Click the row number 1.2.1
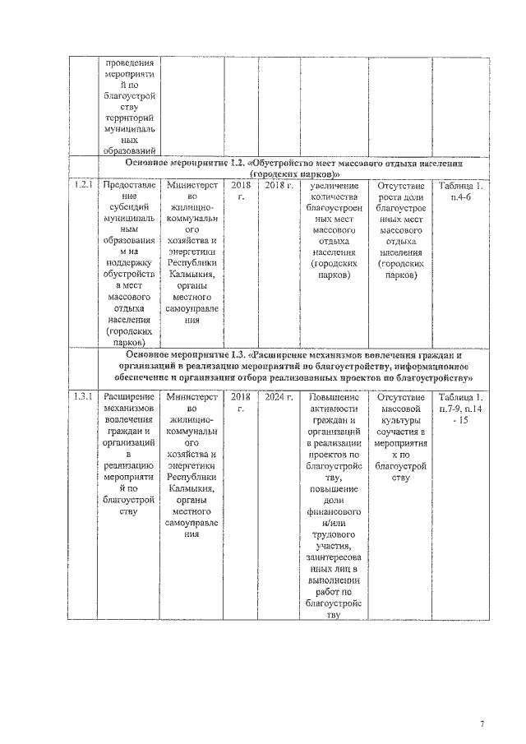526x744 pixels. (81, 186)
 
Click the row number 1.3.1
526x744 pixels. (81, 397)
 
